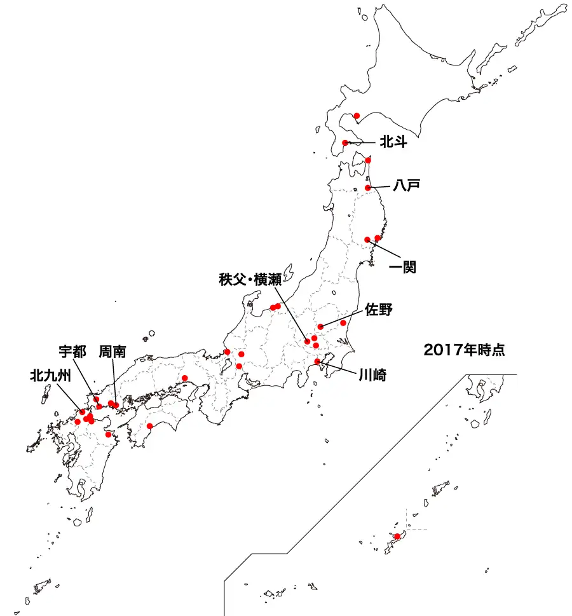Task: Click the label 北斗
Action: click(x=393, y=142)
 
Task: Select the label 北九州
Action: click(x=49, y=375)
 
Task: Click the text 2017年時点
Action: click(x=464, y=349)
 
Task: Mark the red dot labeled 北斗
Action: click(x=345, y=142)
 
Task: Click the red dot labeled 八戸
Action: click(x=368, y=188)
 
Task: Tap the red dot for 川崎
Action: click(x=317, y=361)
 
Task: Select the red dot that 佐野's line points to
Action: click(x=320, y=326)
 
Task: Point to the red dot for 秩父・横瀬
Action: click(x=308, y=341)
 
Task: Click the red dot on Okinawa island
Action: click(x=397, y=537)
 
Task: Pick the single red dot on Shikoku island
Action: click(x=149, y=426)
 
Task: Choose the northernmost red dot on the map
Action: click(x=357, y=116)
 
